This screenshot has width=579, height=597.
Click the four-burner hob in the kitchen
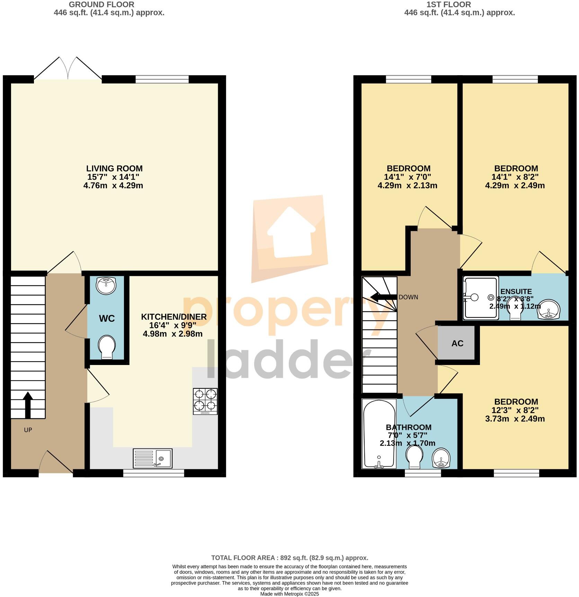tap(205, 401)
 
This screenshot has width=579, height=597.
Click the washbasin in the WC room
tap(106, 286)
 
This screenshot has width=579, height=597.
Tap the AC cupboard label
tap(457, 343)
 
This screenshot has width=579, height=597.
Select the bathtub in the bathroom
tap(379, 434)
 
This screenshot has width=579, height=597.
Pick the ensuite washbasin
tap(548, 309)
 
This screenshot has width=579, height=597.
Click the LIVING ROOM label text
tap(114, 169)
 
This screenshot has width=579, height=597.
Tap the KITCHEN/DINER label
tap(173, 317)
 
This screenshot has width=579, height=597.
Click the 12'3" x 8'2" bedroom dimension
tap(515, 410)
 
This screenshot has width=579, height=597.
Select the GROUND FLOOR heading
tap(101, 5)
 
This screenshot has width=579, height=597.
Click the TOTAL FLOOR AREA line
tap(289, 558)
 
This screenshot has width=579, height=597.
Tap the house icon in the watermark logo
tap(291, 232)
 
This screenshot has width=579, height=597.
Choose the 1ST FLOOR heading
tap(448, 5)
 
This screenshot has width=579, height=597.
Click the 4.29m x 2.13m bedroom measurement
tap(407, 186)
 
